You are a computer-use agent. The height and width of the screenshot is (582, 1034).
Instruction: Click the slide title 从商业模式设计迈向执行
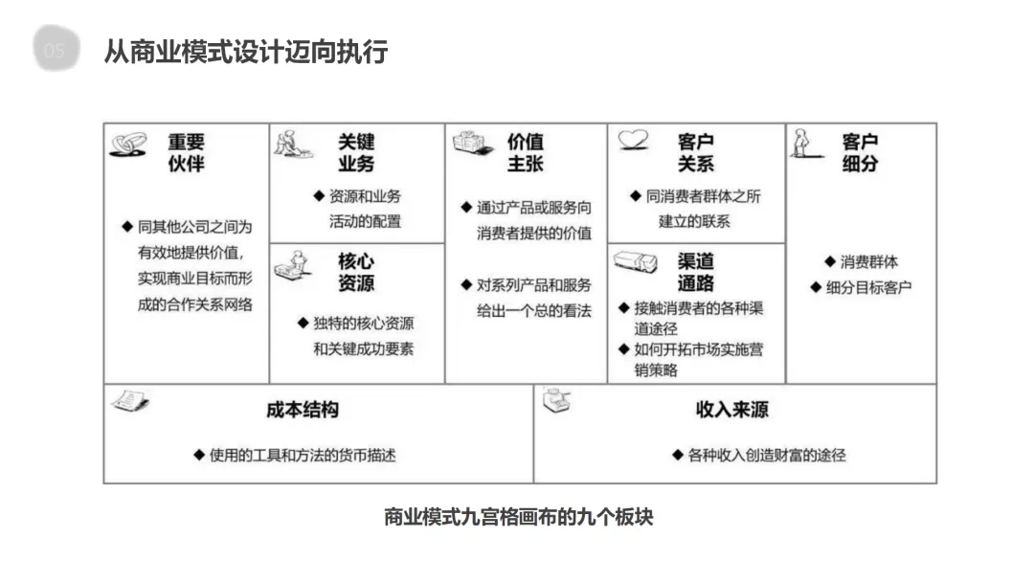pyautogui.click(x=245, y=51)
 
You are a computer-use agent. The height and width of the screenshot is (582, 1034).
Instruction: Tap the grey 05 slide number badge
pyautogui.click(x=55, y=51)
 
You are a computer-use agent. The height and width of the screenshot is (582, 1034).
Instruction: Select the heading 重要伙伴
pyautogui.click(x=187, y=152)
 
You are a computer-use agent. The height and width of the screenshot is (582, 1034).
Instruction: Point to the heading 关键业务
pyautogui.click(x=356, y=152)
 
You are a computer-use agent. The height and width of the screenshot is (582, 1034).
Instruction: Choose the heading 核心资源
pyautogui.click(x=356, y=272)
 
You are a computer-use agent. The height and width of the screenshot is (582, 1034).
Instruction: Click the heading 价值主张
pyautogui.click(x=526, y=152)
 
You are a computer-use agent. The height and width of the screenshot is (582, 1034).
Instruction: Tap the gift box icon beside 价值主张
pyautogui.click(x=469, y=145)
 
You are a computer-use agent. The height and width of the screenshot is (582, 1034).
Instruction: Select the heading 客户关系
pyautogui.click(x=695, y=152)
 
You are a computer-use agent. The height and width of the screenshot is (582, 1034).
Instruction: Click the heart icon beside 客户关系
pyautogui.click(x=634, y=141)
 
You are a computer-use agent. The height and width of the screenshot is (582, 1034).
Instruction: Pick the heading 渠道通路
pyautogui.click(x=695, y=272)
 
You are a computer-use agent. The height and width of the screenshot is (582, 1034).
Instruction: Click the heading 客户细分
pyautogui.click(x=860, y=152)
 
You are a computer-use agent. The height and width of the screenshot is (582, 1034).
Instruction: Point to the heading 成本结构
pyautogui.click(x=302, y=410)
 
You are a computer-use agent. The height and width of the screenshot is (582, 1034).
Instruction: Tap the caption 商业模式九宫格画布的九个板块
pyautogui.click(x=518, y=517)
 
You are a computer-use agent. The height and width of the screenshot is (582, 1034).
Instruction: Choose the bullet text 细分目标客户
pyautogui.click(x=868, y=287)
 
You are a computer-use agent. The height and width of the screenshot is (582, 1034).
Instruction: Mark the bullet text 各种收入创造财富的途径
pyautogui.click(x=767, y=456)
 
